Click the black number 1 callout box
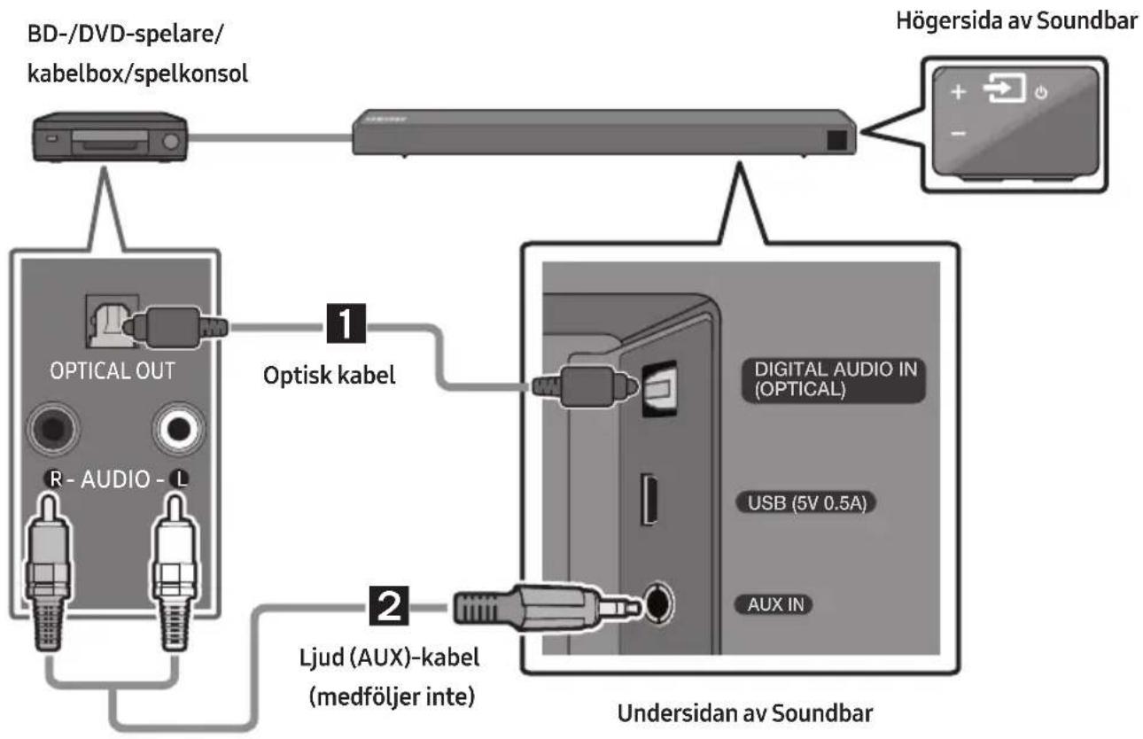[346, 323]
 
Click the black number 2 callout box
[389, 606]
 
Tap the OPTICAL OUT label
[113, 371]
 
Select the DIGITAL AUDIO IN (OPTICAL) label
[833, 380]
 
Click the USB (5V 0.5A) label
[806, 503]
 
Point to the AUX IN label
[774, 605]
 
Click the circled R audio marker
[54, 479]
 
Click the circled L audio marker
[180, 479]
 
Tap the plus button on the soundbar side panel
[959, 92]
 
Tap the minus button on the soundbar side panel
[959, 134]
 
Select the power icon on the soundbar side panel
[1041, 93]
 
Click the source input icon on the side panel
[1004, 88]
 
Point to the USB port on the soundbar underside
[649, 499]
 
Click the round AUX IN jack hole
[658, 604]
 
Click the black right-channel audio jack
[53, 429]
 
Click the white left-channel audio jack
[179, 429]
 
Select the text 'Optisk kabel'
[329, 375]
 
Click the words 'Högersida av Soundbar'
[1016, 21]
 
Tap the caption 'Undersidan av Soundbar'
[745, 713]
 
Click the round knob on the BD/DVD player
[171, 142]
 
